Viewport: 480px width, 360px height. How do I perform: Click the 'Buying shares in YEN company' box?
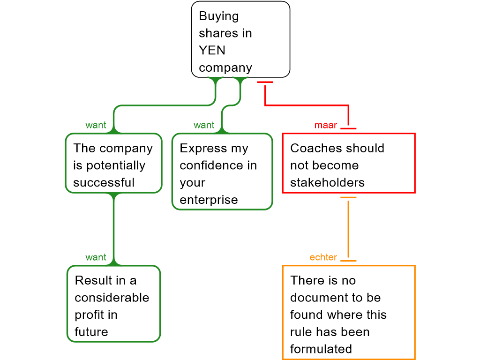tap(240, 40)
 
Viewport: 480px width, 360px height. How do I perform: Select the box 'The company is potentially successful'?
tap(113, 163)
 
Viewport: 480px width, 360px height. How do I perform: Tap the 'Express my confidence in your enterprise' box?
tap(222, 172)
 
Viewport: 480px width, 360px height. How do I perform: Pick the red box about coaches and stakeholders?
tap(348, 163)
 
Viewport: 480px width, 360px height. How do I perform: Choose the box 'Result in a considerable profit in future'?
tap(113, 304)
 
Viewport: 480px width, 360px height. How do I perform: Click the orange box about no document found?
tap(348, 312)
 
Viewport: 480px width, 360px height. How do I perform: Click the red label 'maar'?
tap(326, 125)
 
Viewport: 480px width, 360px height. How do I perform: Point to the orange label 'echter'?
tap(323, 257)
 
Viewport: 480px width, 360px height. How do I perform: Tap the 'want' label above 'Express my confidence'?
tap(204, 125)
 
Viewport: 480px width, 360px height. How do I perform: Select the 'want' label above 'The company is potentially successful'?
tap(96, 125)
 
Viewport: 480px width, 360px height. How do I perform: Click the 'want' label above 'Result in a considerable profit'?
tap(96, 257)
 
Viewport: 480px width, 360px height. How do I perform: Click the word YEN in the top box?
tap(212, 50)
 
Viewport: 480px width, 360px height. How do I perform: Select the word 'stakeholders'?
tap(327, 182)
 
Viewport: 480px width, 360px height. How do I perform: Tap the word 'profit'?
tap(90, 315)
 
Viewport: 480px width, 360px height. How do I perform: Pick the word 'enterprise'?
tap(209, 200)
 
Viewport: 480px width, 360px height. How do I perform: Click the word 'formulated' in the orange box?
tap(321, 349)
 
